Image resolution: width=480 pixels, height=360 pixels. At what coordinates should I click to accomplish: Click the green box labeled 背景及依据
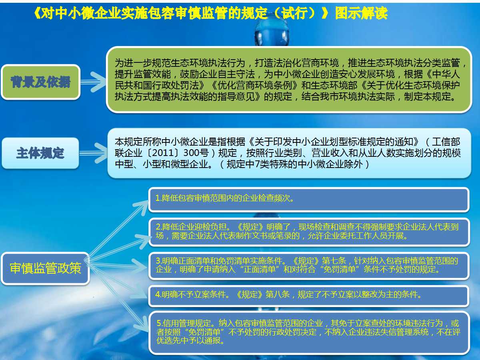(41, 82)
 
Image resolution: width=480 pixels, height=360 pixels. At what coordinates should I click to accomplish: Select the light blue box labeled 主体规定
(40, 153)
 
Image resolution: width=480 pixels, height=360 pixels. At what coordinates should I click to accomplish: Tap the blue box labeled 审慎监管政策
(45, 268)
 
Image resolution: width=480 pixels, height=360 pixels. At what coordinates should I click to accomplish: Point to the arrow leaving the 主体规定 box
(93, 153)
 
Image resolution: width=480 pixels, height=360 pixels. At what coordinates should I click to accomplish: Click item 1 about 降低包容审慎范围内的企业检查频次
(309, 199)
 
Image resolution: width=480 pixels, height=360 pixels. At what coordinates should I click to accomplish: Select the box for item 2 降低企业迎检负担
(309, 232)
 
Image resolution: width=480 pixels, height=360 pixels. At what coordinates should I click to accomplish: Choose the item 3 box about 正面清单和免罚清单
(309, 265)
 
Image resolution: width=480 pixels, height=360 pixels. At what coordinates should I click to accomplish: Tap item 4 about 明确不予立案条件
(309, 295)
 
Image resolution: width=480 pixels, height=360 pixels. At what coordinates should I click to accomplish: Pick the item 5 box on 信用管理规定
(309, 332)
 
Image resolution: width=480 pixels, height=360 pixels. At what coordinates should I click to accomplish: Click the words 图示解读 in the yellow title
(361, 13)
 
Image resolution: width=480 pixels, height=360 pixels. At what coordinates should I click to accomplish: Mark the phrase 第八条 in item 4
(278, 295)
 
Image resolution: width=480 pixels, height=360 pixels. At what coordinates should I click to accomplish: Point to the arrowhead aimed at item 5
(142, 327)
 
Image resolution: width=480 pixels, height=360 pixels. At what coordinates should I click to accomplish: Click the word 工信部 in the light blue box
(446, 142)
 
